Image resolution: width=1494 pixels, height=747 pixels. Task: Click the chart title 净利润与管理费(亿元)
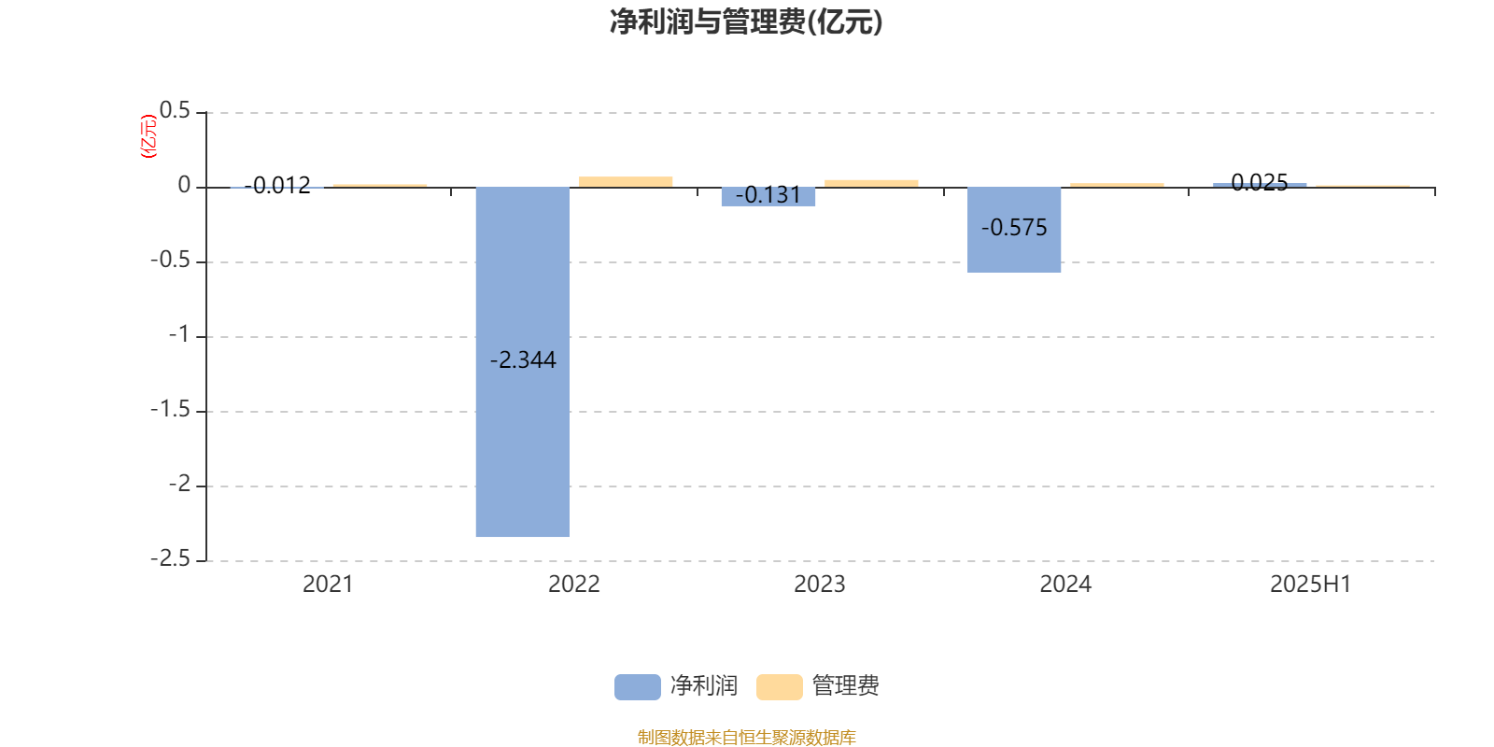746,22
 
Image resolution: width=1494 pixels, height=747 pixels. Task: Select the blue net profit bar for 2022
523,361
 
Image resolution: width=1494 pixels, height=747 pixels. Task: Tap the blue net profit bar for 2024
1014,230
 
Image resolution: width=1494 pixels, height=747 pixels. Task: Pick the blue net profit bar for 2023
768,197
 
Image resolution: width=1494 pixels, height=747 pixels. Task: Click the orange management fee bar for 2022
626,182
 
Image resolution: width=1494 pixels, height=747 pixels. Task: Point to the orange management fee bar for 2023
871,183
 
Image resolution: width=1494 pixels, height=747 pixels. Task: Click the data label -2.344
523,360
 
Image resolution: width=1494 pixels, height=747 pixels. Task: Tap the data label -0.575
1014,228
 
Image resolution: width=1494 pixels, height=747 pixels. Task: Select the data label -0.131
768,195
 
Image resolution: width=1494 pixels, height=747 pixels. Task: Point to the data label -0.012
277,186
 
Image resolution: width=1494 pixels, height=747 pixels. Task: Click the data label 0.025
1260,183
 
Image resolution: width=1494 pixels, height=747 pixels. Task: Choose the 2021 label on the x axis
328,585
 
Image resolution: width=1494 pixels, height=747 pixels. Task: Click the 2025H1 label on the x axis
1311,585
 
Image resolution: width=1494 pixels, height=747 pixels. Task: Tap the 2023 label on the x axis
819,585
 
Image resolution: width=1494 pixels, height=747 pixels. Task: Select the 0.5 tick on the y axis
175,111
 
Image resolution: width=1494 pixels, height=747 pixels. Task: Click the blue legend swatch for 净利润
638,687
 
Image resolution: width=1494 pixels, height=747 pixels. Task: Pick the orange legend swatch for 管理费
779,687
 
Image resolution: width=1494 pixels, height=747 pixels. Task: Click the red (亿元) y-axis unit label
148,136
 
